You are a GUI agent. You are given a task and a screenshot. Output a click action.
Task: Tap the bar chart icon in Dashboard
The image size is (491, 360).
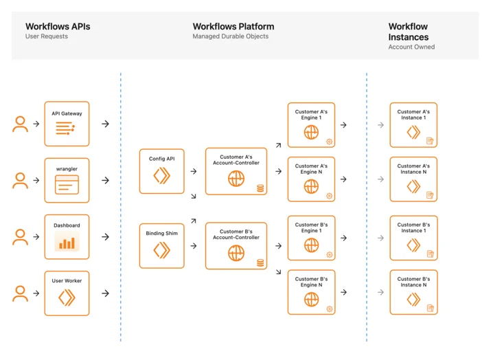pyautogui.click(x=67, y=242)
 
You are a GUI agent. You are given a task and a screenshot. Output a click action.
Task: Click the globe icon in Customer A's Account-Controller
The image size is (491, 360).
pyautogui.click(x=236, y=179)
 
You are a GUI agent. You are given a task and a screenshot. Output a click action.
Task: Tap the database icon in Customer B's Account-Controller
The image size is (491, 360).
pyautogui.click(x=260, y=262)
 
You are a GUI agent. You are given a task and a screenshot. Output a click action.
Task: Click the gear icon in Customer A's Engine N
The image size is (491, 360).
pyautogui.click(x=329, y=196)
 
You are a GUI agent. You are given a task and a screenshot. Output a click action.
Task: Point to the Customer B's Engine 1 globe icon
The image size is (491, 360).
pyautogui.click(x=311, y=245)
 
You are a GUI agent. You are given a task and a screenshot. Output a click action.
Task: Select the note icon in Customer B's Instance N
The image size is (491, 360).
pyautogui.click(x=431, y=308)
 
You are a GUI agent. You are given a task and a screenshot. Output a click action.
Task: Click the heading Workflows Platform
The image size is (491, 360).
pyautogui.click(x=233, y=27)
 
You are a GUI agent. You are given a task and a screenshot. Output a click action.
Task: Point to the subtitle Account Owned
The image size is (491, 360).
pyautogui.click(x=411, y=47)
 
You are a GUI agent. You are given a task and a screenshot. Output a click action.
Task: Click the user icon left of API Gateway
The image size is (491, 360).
pyautogui.click(x=20, y=124)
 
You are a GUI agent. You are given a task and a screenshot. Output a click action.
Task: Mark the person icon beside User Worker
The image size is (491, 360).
pyautogui.click(x=20, y=293)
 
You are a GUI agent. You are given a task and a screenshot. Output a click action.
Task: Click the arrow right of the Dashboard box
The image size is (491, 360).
pyautogui.click(x=106, y=237)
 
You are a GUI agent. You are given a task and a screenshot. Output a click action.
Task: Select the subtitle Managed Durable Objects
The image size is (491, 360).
pyautogui.click(x=231, y=36)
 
